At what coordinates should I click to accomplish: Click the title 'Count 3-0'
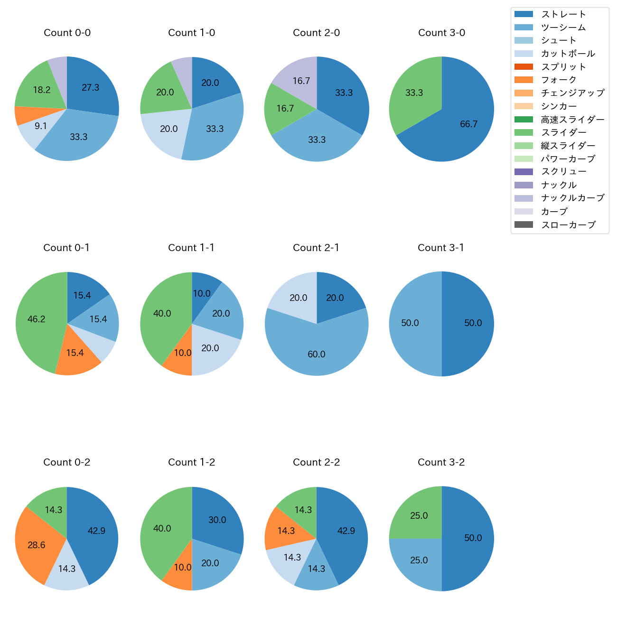coord(441,33)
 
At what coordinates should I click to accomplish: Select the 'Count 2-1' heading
coord(316,248)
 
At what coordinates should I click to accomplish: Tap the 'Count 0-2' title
coord(66,462)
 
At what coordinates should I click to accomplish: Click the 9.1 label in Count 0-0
coord(41,126)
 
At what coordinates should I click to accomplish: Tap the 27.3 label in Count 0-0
coord(90,88)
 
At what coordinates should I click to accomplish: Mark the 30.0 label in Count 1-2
coord(217,520)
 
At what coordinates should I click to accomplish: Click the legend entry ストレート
coord(563,14)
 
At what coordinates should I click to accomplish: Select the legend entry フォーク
coord(559,80)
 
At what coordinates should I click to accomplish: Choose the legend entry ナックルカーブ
coord(572,198)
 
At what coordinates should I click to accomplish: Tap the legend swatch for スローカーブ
coord(524,224)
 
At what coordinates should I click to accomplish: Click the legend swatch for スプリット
coord(524,66)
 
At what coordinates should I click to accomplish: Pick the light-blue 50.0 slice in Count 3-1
coord(413,324)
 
